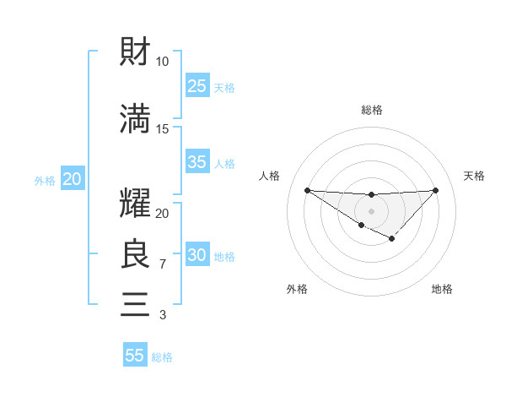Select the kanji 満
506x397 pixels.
(x=136, y=119)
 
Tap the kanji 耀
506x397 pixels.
(x=136, y=205)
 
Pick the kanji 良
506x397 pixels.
(x=136, y=253)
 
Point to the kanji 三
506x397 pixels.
(x=136, y=303)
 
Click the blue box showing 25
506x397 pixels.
(x=197, y=85)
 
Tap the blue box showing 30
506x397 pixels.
(x=197, y=255)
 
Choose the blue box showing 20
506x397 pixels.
(x=72, y=179)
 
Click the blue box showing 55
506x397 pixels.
(x=135, y=356)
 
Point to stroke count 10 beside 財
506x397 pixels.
(x=162, y=62)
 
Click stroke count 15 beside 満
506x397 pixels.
(x=162, y=128)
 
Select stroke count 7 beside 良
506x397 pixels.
(x=162, y=264)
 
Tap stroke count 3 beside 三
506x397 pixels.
(x=162, y=315)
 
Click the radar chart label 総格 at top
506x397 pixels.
(x=371, y=111)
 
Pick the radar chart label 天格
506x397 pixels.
(x=474, y=176)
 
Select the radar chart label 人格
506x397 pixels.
(x=269, y=176)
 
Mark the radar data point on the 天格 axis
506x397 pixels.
(x=435, y=190)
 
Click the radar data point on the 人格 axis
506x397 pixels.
(x=307, y=190)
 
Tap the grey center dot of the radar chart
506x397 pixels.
(x=371, y=210)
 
